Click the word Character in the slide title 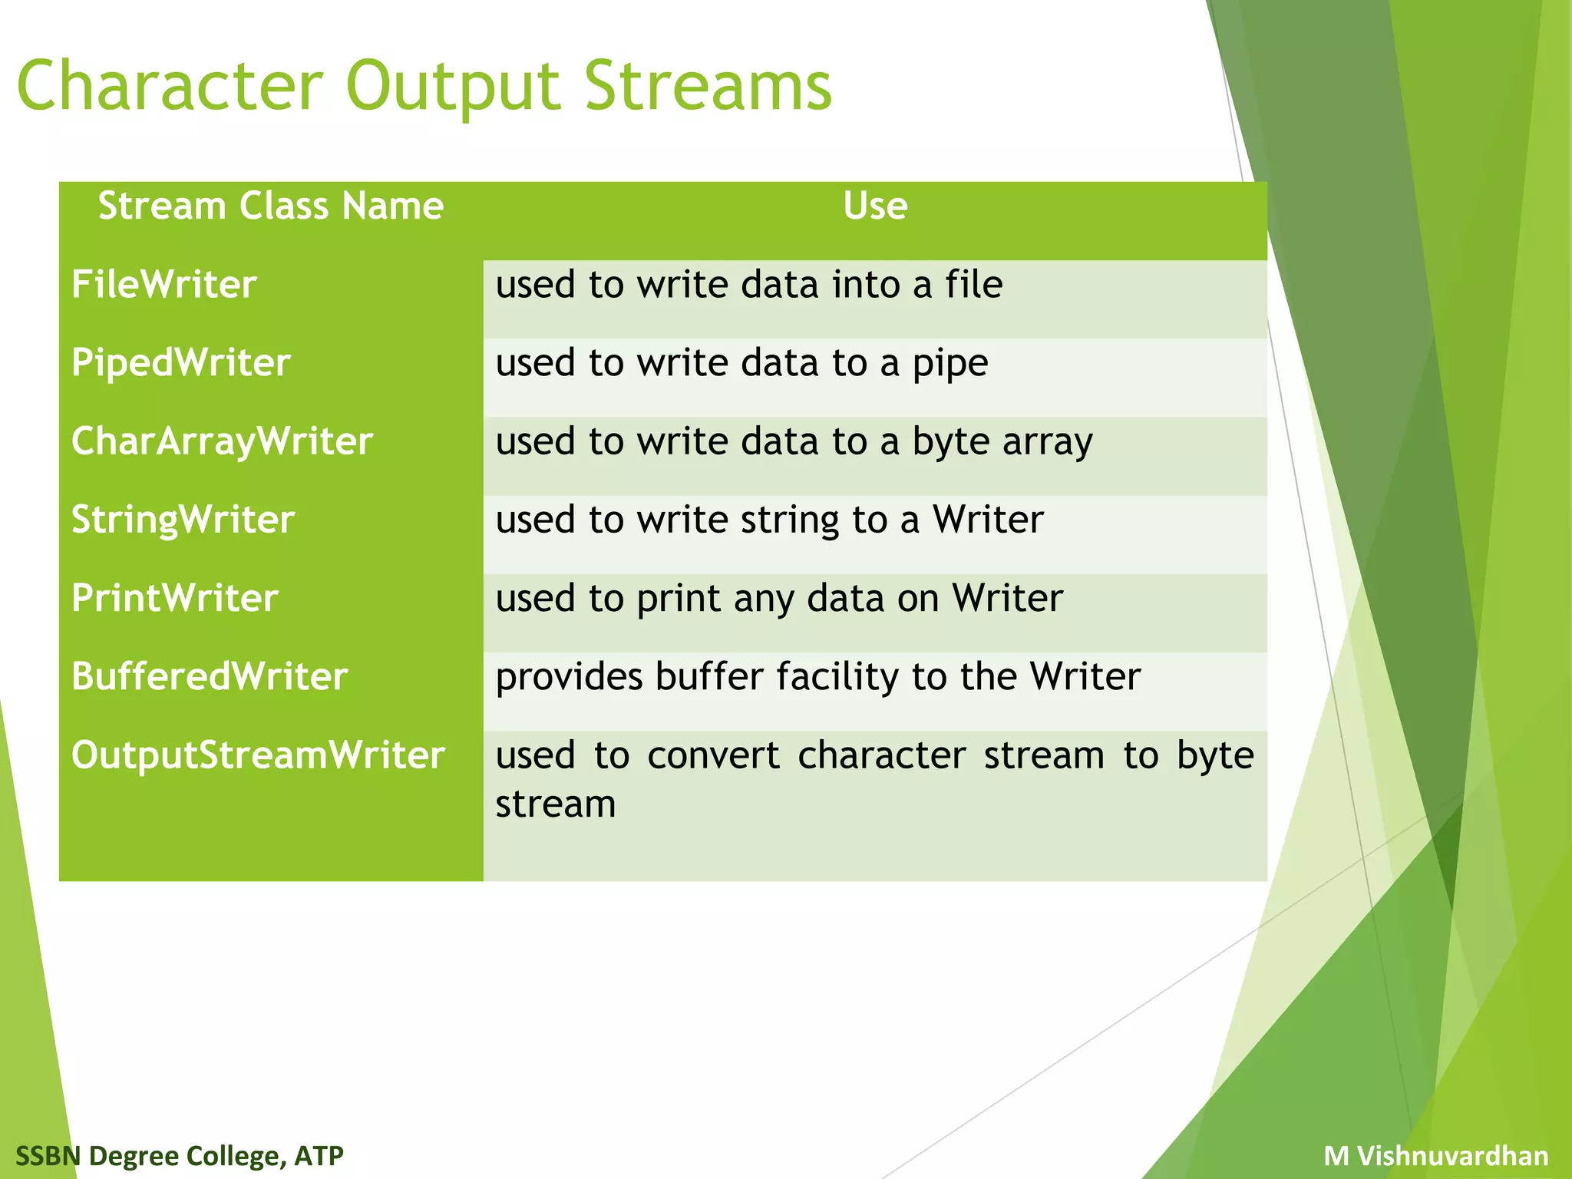170,86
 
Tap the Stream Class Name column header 271,206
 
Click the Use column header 875,206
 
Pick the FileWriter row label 163,285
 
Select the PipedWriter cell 180,363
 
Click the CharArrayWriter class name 222,441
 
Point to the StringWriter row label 183,520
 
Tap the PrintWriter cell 174,598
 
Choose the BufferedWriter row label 210,676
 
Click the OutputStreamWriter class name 258,755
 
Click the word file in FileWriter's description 973,285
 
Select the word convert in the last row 713,755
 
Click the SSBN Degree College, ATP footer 180,1155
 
